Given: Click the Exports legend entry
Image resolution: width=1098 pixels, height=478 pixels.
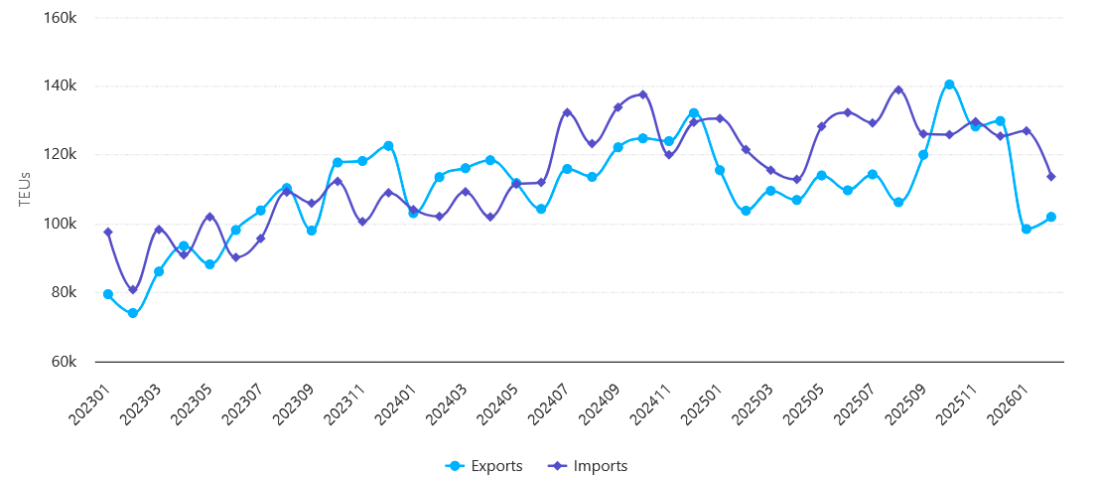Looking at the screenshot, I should [485, 466].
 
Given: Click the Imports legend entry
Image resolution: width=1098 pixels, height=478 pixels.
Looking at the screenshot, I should [589, 466].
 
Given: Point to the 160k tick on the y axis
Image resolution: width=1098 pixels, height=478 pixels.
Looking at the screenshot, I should [62, 17].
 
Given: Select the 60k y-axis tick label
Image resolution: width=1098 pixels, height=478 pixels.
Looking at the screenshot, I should [65, 362].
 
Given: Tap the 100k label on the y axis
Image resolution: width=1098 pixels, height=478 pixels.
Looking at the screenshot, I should [62, 224].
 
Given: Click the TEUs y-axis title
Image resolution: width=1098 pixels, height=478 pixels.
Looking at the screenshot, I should [26, 189].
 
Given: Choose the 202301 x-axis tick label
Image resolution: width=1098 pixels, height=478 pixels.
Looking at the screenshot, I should [89, 407].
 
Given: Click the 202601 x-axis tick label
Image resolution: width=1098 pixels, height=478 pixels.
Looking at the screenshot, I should [1009, 407].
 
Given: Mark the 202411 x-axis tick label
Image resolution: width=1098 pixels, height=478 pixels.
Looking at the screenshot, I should [651, 407].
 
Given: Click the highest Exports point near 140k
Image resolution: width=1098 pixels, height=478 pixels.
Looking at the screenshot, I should [949, 84].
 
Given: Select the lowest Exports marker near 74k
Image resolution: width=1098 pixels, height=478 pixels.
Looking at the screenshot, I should [133, 313].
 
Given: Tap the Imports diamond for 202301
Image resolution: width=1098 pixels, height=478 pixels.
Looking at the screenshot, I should [107, 233].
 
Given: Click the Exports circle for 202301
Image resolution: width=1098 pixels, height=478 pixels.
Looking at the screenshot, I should [107, 294].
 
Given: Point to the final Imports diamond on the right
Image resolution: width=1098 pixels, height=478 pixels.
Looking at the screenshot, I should [1051, 177].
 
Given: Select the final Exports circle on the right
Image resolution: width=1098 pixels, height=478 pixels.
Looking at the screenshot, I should [1051, 217].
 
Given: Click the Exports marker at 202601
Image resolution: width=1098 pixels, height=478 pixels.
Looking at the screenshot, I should [1027, 230].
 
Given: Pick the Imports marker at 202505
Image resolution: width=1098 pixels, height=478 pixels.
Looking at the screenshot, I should [821, 126].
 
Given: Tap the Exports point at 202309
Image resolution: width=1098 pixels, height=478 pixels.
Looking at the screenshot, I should [312, 231].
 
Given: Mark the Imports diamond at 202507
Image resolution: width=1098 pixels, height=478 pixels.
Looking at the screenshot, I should [873, 123].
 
